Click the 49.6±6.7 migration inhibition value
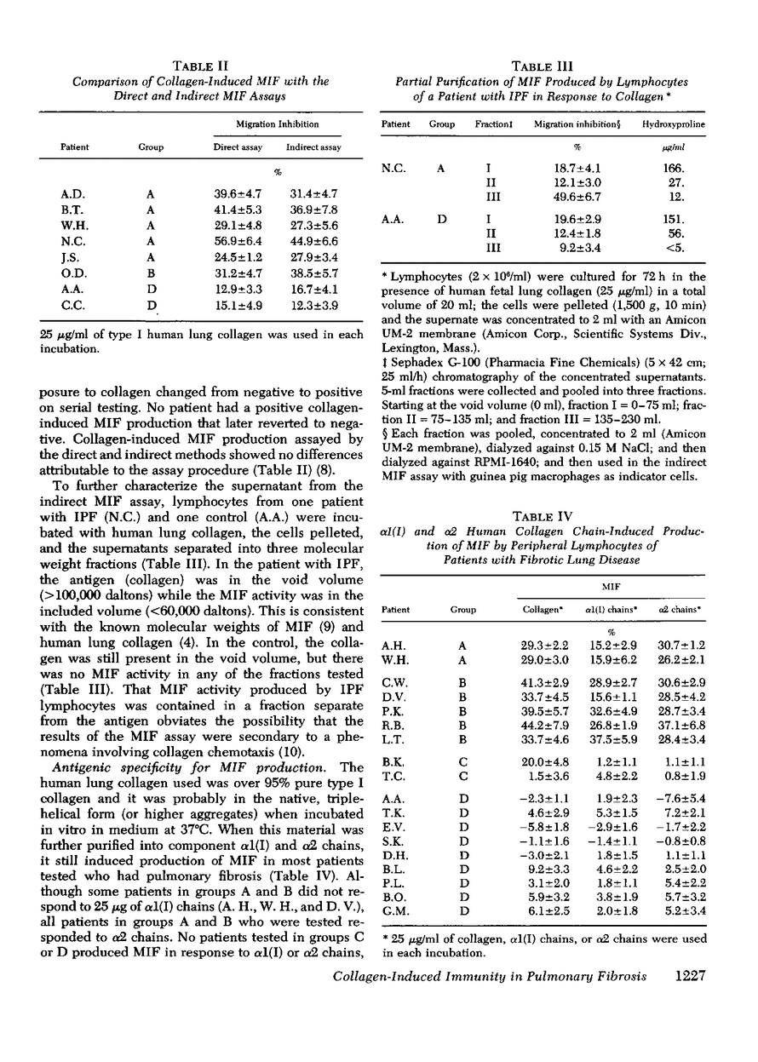(557, 198)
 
